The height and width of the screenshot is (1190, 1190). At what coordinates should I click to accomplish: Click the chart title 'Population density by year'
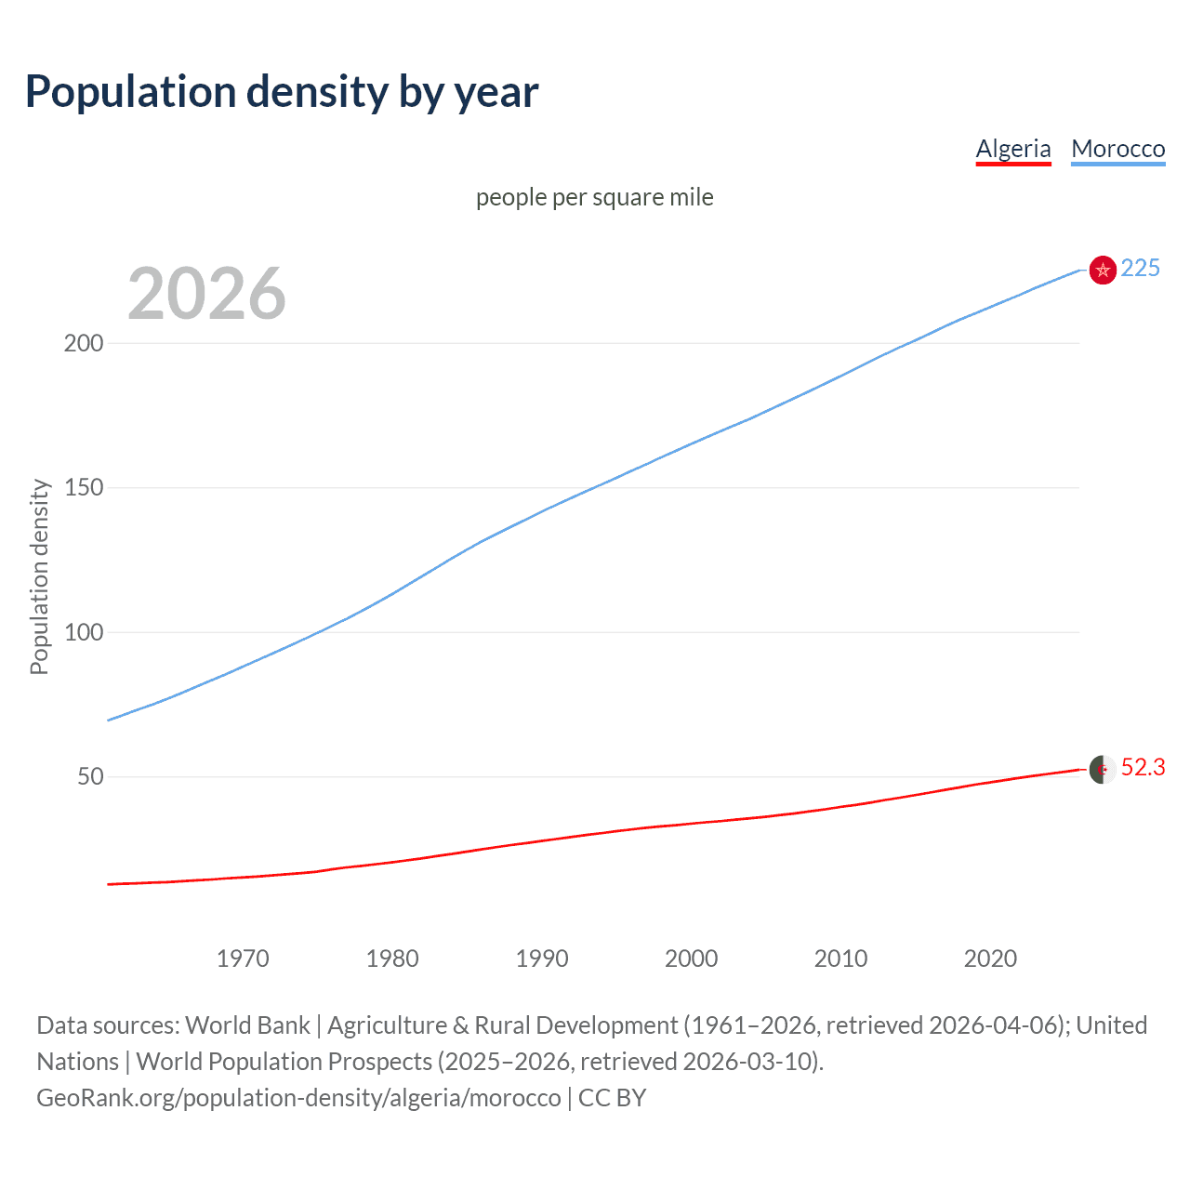click(282, 92)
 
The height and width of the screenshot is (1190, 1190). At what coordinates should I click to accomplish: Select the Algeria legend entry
click(1012, 149)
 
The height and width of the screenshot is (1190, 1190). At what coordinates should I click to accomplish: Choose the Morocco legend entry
click(1117, 149)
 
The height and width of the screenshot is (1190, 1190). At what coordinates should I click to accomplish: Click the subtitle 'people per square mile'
click(594, 197)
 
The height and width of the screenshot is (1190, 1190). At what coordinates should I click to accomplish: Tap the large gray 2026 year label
click(206, 294)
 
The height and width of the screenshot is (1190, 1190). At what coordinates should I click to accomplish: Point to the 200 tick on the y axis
click(84, 343)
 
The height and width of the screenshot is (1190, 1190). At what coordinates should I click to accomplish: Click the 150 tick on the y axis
click(84, 487)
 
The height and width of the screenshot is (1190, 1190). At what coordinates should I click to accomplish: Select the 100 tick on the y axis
click(84, 632)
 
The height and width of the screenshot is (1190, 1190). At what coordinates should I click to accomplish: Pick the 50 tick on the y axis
click(90, 776)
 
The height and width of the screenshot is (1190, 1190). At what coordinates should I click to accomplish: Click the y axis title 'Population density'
click(39, 576)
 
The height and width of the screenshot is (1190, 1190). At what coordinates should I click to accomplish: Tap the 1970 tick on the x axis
click(243, 959)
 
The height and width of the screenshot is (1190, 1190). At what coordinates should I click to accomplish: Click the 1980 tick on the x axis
click(392, 959)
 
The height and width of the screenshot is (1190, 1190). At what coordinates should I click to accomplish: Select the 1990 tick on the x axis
click(542, 959)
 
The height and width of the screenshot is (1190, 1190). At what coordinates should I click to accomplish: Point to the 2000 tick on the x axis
click(691, 959)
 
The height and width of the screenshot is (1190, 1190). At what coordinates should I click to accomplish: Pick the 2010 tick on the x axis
click(840, 959)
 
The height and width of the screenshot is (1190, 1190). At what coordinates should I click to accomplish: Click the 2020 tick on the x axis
click(990, 959)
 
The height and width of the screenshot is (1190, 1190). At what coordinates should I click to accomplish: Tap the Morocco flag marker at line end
click(1103, 270)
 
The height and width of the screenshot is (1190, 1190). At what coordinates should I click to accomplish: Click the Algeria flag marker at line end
click(1103, 769)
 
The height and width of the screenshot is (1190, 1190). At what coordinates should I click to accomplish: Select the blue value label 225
click(1140, 269)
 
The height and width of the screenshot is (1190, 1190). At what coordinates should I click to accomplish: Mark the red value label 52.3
click(1143, 767)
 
